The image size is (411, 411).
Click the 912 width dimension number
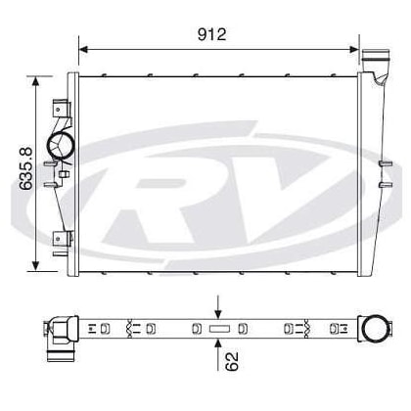[211, 33]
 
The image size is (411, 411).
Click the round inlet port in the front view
[67, 148]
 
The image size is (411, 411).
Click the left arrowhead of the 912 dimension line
[83, 48]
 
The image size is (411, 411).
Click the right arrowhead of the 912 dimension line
[353, 48]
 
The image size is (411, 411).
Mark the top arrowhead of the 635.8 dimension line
[38, 82]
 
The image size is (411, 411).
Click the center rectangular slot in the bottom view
[217, 327]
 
